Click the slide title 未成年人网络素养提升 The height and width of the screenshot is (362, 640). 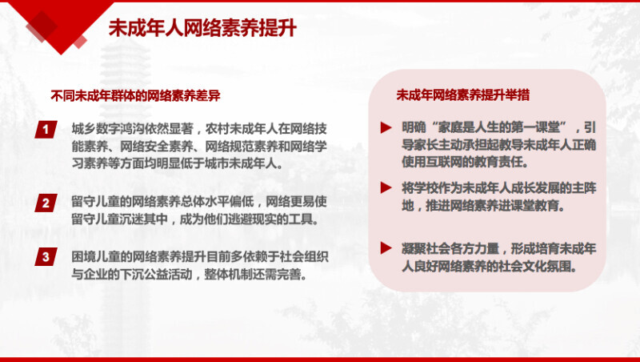202,28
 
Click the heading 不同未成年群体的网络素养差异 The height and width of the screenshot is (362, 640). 135,95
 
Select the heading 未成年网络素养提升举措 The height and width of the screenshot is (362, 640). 463,95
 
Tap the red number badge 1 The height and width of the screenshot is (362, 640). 46,130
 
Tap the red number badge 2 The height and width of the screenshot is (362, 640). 46,203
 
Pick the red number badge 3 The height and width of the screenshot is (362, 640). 46,256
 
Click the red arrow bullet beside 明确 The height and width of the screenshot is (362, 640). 386,127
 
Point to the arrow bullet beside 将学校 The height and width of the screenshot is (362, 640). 386,187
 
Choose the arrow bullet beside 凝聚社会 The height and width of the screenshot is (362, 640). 386,247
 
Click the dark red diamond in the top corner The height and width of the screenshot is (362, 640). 42,26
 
